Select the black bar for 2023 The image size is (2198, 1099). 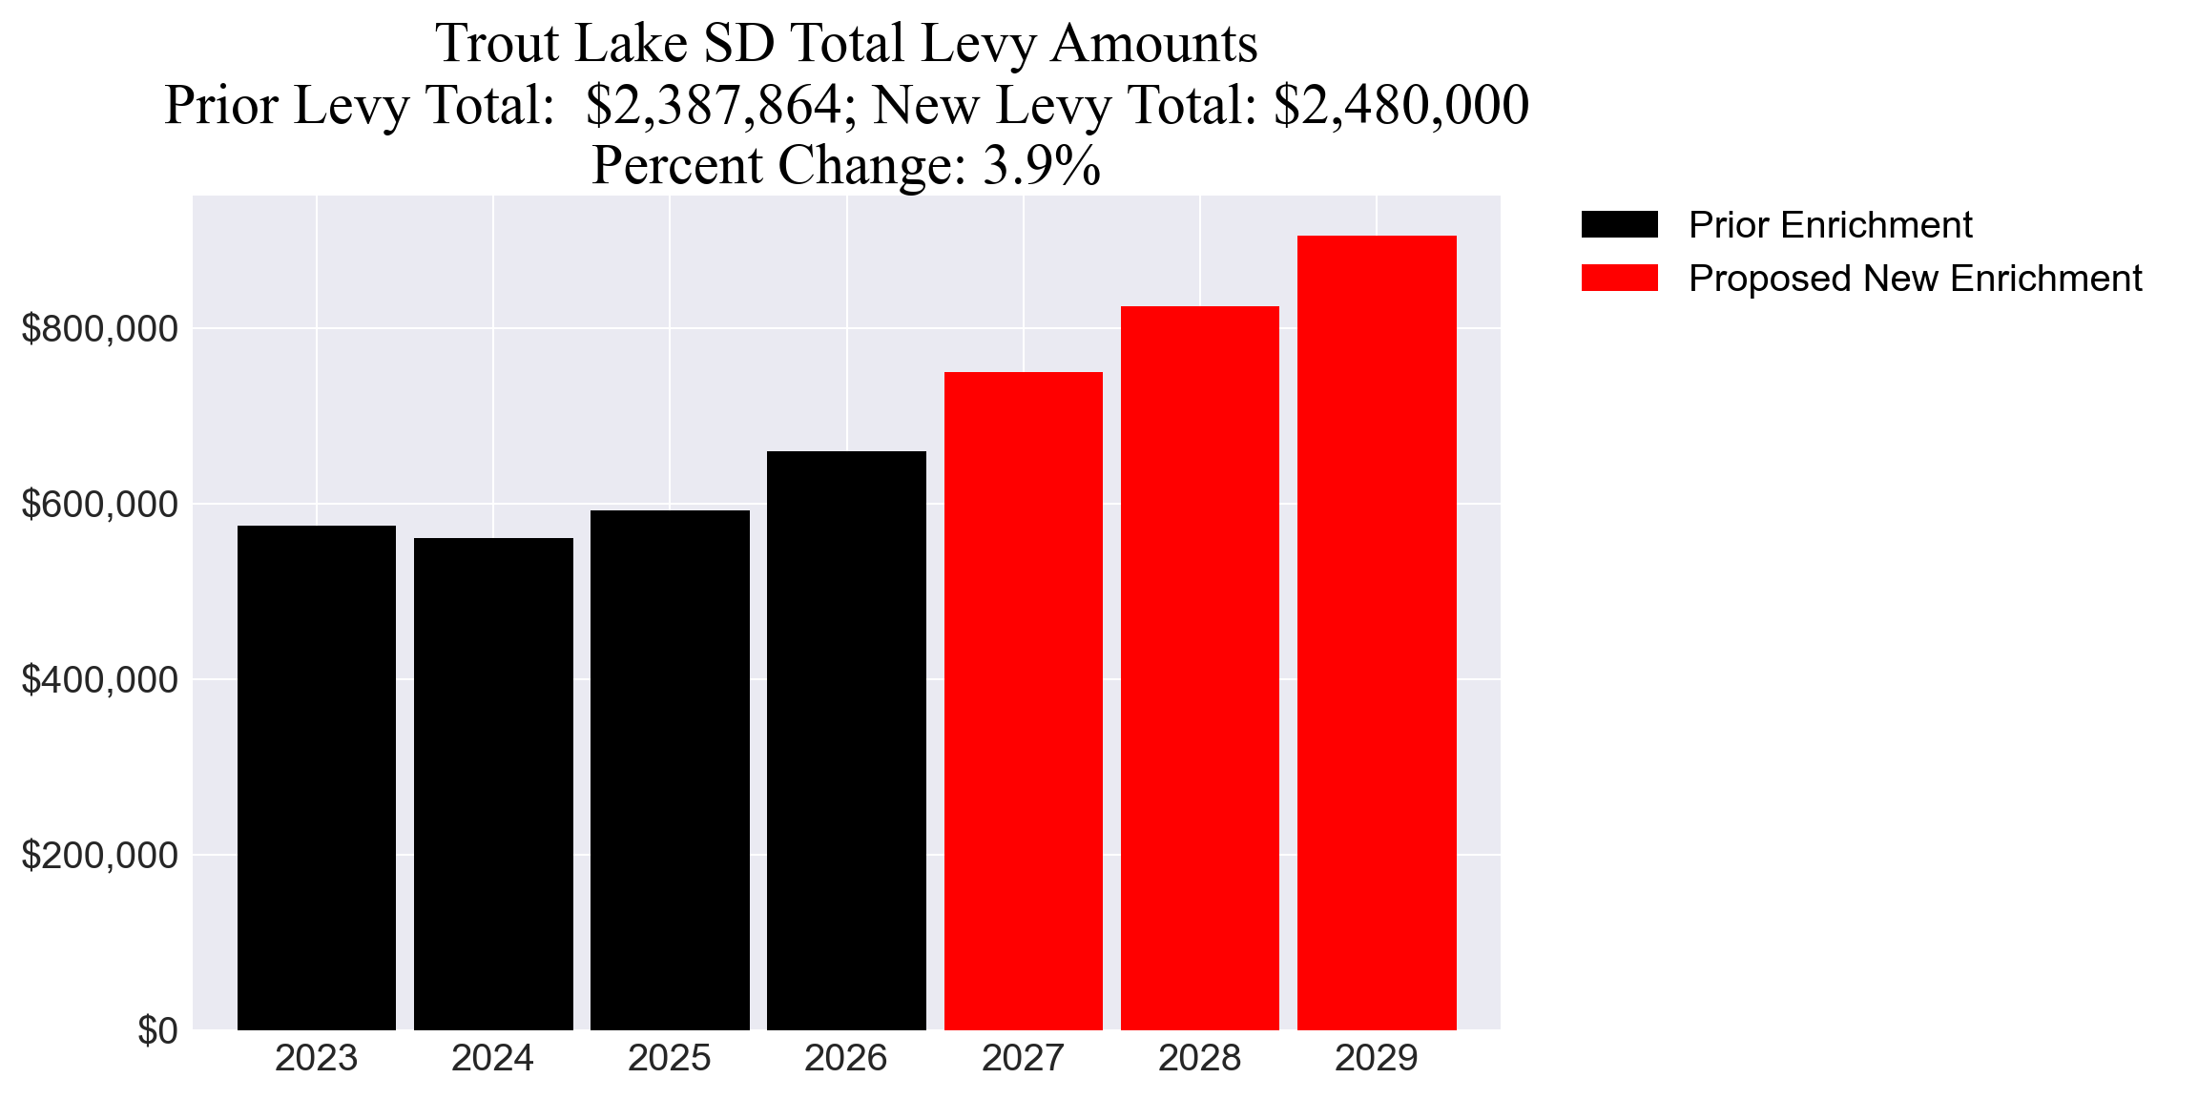point(316,778)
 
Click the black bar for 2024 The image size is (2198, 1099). point(493,783)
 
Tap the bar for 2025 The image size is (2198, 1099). point(670,770)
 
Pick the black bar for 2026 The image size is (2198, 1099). point(846,740)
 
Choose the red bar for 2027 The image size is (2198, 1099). point(1023,701)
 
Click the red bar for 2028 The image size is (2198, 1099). point(1199,668)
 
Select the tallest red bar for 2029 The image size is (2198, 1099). point(1377,632)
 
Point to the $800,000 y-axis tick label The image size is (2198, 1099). point(99,329)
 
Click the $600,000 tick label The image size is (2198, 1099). point(99,505)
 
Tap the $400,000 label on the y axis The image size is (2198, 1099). point(99,680)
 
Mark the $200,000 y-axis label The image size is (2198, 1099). point(99,856)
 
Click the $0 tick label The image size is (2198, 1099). point(157,1031)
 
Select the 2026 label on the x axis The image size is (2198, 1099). point(846,1059)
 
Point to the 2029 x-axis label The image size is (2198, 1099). point(1377,1059)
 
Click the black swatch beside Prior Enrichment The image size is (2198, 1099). point(1619,225)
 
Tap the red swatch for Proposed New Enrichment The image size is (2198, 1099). point(1619,279)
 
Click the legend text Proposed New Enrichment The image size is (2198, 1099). point(1915,279)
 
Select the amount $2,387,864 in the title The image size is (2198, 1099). point(713,105)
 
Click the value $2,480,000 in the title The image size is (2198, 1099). point(1400,105)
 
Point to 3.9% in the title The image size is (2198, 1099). point(1042,165)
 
